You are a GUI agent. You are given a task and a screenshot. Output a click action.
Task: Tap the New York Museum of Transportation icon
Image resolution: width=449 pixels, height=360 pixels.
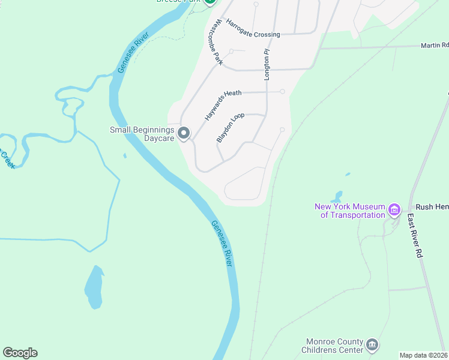click(394, 209)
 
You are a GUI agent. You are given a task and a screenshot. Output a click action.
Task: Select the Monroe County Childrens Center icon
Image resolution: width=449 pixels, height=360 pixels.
click(372, 344)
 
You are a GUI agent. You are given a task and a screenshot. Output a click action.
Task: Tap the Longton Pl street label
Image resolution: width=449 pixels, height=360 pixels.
click(267, 65)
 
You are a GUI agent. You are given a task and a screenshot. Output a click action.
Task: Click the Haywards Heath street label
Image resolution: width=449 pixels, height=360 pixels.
click(223, 105)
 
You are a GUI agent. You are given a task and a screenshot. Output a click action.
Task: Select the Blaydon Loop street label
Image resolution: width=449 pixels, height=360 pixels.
click(230, 127)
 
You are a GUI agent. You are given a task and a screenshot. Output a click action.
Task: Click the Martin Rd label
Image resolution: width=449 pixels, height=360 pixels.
click(434, 45)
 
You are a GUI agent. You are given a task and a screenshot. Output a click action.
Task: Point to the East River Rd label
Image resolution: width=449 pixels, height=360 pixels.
click(415, 236)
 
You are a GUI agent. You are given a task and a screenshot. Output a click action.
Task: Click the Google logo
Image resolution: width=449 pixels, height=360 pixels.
click(20, 353)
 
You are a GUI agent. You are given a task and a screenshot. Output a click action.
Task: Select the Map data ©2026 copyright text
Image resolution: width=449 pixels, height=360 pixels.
click(423, 355)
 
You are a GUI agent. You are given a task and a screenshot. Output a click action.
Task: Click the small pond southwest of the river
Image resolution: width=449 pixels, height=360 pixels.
click(94, 286)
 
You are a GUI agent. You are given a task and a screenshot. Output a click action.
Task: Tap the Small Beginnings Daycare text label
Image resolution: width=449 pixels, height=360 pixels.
click(142, 134)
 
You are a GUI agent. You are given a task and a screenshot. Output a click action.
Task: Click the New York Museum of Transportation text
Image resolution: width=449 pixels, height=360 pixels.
click(349, 211)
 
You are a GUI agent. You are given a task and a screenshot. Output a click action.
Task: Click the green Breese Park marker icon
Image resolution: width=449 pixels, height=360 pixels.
click(209, 2)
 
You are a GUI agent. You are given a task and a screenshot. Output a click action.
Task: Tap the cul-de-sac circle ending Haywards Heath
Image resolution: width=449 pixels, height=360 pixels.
click(282, 92)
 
